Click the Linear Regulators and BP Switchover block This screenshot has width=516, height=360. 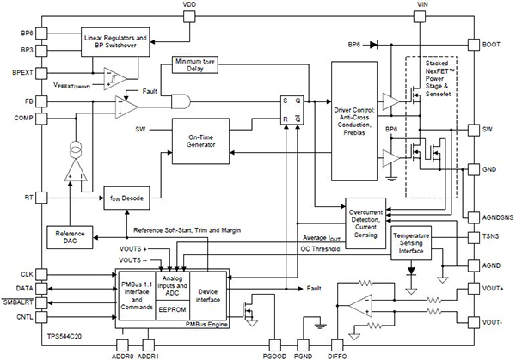click(x=116, y=40)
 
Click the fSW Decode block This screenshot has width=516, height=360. click(x=126, y=198)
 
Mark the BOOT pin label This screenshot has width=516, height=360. click(x=494, y=43)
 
